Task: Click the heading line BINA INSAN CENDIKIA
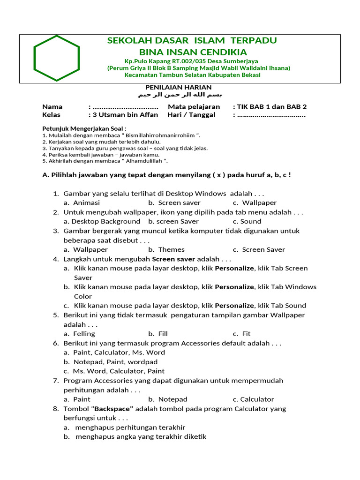point(193,52)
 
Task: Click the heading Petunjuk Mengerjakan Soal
point(84,128)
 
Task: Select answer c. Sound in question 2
point(247,221)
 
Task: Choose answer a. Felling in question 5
point(79,334)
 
